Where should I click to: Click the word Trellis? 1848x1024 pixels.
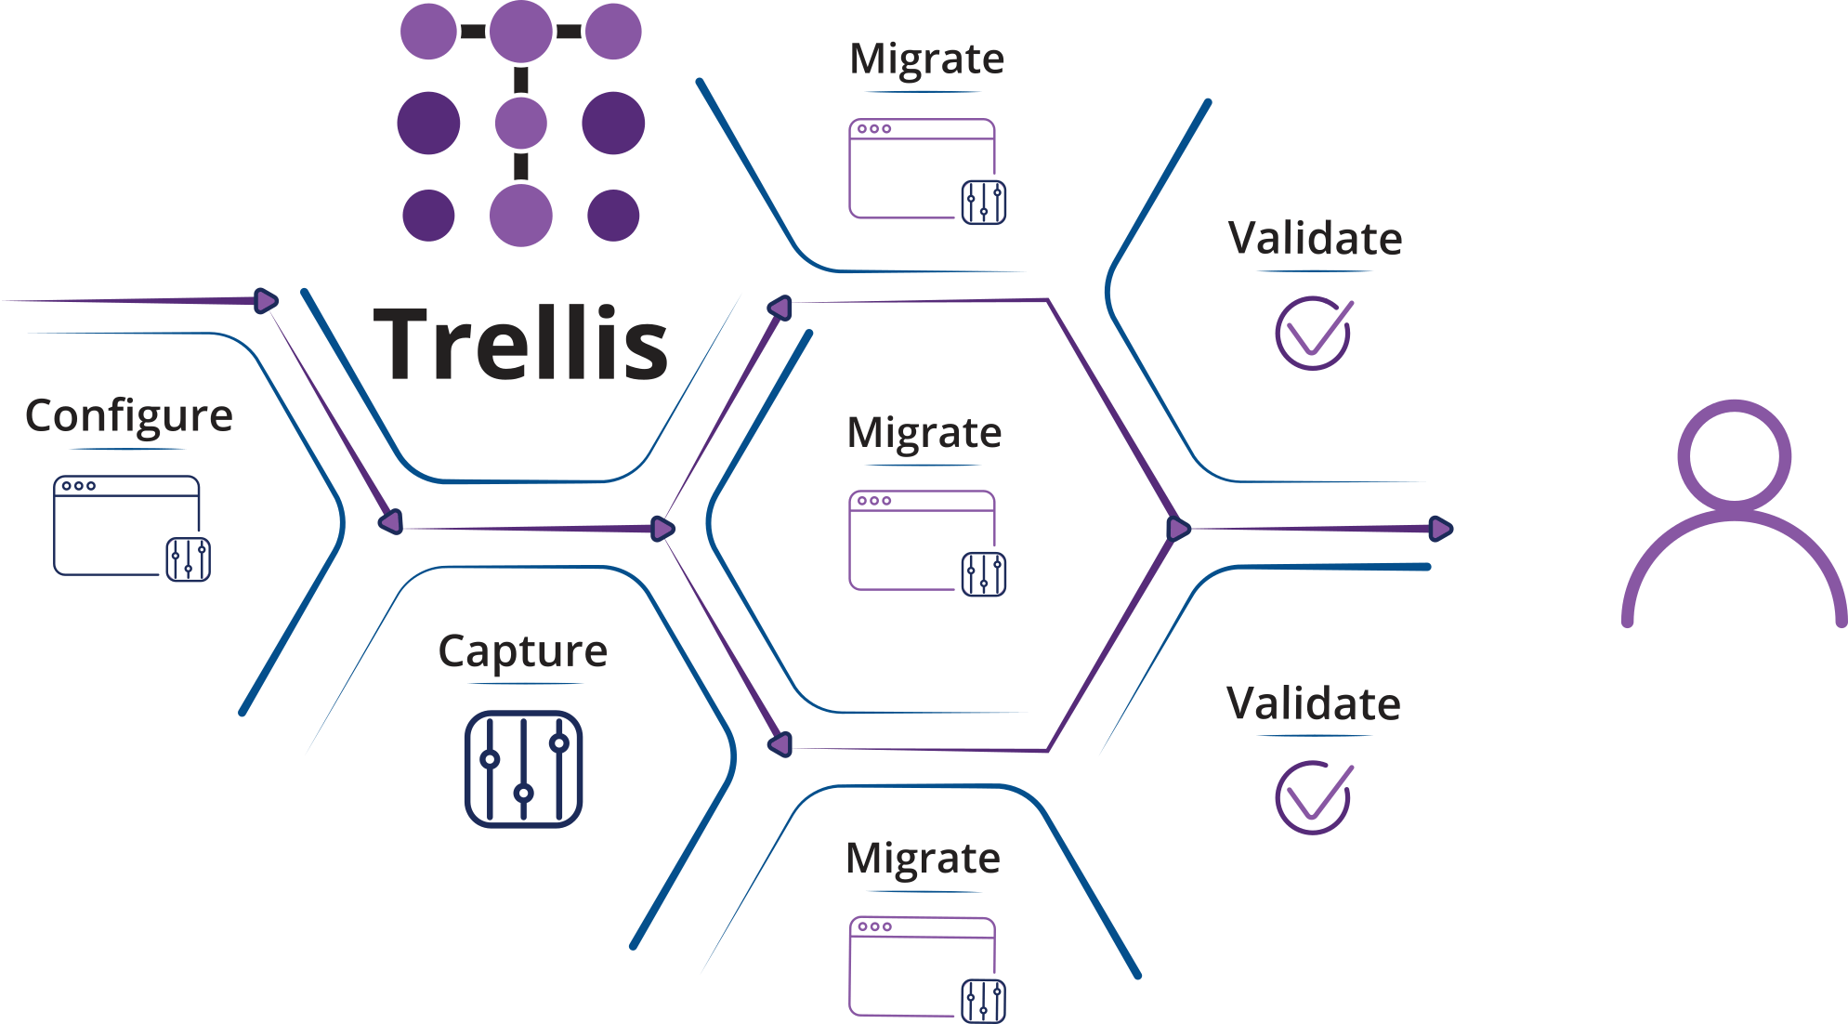[520, 344]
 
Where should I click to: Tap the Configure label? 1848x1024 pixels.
[128, 415]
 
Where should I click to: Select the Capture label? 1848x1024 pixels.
[522, 650]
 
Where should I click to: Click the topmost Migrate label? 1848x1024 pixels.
[926, 59]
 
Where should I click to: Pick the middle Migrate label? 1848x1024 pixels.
[924, 433]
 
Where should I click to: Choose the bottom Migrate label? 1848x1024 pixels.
[923, 858]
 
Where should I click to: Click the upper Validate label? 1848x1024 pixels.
[1315, 239]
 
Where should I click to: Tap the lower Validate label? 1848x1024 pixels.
[1313, 703]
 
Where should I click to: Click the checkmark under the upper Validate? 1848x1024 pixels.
[1313, 333]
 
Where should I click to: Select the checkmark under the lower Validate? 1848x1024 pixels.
[1313, 797]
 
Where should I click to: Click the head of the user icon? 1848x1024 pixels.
[1734, 456]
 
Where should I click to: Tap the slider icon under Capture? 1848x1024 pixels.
[523, 768]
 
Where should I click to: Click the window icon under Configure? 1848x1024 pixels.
[127, 526]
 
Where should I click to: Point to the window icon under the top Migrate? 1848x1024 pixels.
[923, 169]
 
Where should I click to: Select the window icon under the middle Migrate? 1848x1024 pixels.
[923, 541]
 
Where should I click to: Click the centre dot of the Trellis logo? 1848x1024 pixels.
[521, 124]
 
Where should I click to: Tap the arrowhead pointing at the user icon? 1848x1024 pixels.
[1440, 529]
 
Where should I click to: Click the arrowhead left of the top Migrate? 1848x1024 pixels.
[780, 308]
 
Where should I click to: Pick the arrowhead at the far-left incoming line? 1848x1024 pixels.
[267, 301]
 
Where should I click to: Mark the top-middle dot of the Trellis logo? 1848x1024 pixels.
[521, 32]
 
